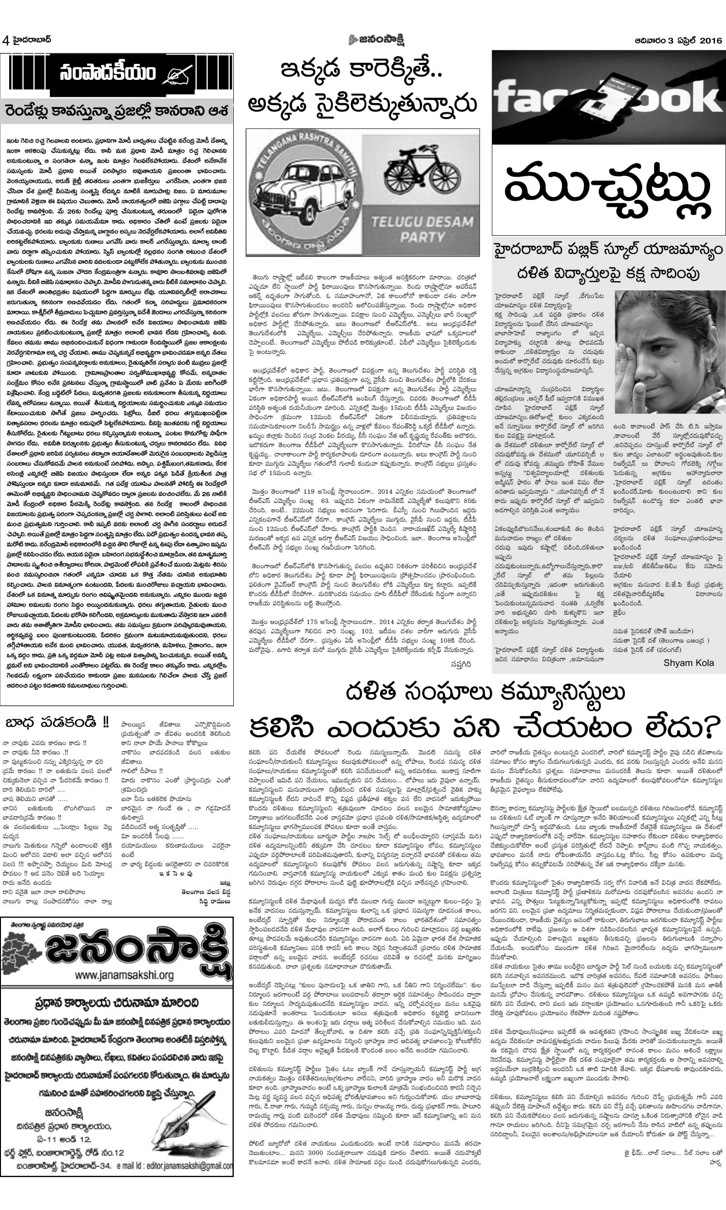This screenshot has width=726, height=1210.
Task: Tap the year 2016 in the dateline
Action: [711, 41]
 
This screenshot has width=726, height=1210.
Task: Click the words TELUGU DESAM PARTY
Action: [422, 229]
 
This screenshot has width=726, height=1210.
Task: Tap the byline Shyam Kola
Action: [688, 663]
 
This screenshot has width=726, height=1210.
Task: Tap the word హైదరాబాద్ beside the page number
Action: [32, 40]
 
